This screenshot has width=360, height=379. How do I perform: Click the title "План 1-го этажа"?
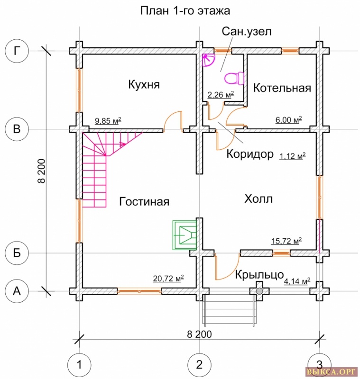pos(185,10)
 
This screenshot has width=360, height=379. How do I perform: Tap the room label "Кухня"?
pos(144,85)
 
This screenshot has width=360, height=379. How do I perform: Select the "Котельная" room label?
pos(282,88)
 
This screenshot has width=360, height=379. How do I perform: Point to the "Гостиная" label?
pos(144,201)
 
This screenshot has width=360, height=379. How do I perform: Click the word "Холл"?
pos(258,199)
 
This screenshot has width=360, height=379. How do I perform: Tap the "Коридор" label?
pos(250,154)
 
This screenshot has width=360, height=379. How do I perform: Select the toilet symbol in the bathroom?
pos(233,78)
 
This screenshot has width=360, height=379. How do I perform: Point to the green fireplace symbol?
pos(184,234)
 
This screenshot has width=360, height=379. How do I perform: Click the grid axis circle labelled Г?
pos(17,51)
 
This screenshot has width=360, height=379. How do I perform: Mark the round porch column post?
pos(259,290)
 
